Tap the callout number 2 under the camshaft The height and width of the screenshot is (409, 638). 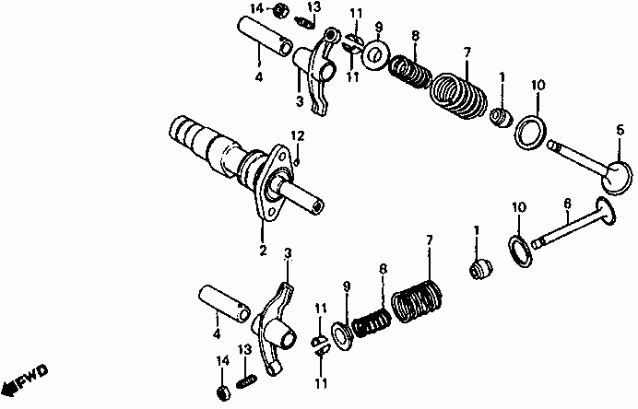point(261,250)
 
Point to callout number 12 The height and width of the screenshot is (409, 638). point(297,136)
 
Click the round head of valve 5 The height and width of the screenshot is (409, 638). point(617,172)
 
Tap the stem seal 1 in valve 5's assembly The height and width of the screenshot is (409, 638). point(501,117)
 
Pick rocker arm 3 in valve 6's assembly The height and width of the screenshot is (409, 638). point(278,326)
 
